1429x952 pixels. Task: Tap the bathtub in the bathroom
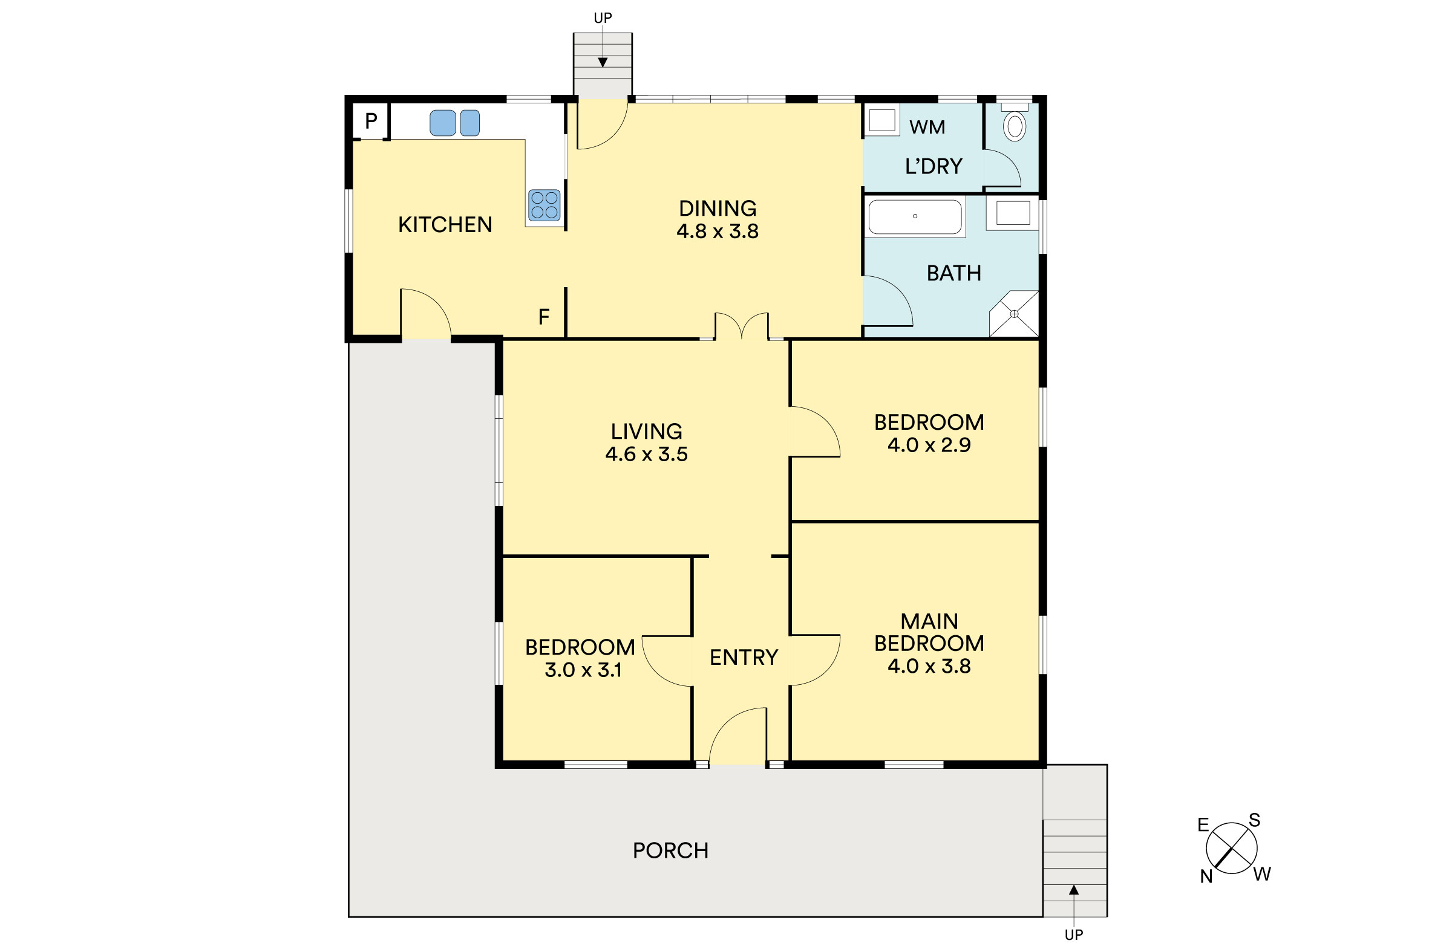point(915,217)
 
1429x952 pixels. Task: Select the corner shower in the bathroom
point(1014,314)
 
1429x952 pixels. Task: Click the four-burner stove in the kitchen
point(544,205)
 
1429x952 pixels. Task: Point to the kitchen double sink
point(454,123)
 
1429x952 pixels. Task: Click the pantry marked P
point(371,121)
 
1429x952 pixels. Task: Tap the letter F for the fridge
point(544,316)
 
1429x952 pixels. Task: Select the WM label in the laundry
point(927,127)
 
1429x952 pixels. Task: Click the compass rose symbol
point(1232,848)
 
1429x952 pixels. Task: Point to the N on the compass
point(1206,876)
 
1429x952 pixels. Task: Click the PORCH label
point(671,850)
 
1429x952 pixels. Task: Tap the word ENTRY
point(744,658)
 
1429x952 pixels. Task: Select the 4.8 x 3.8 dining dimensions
point(718,232)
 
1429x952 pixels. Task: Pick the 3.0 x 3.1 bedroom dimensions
point(583,670)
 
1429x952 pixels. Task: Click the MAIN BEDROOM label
point(929,632)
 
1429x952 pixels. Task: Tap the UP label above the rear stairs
point(603,18)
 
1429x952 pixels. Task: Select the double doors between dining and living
point(742,325)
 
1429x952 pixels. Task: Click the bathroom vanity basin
point(1013,213)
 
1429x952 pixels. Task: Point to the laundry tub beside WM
point(881,120)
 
